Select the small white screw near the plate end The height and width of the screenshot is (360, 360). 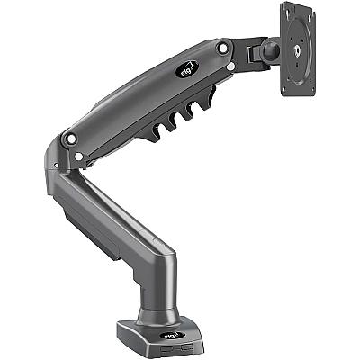coord(232,67)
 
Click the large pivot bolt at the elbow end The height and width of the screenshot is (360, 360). coord(69,139)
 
